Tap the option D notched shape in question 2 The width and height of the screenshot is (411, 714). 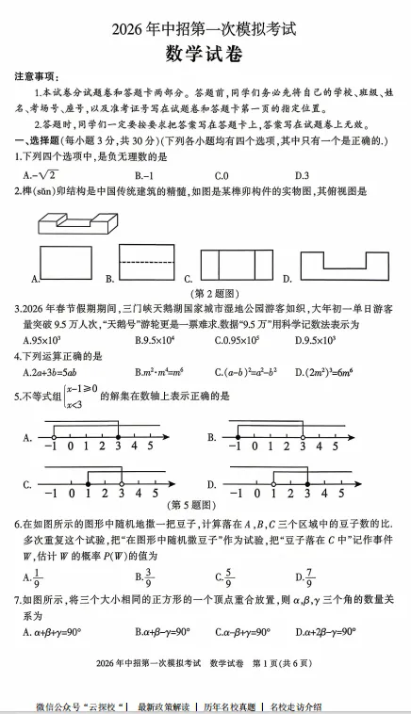343,266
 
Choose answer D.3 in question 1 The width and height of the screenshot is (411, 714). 302,175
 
